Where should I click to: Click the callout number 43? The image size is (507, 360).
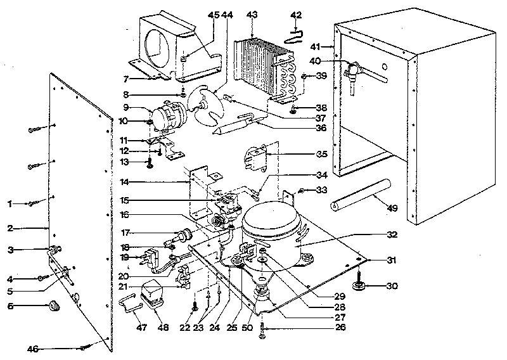pos(252,14)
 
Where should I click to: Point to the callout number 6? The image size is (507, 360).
pos(10,306)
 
